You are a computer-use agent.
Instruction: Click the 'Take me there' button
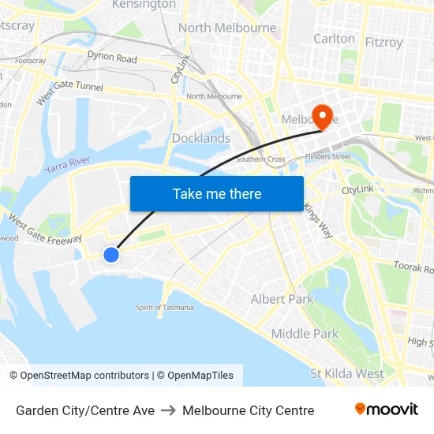coord(217,193)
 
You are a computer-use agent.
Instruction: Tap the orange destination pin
coord(322,117)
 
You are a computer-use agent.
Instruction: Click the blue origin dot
coord(111,254)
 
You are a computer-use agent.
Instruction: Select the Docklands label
coord(201,138)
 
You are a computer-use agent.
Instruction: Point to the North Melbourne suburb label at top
coord(227,28)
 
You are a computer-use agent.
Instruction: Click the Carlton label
coord(334,38)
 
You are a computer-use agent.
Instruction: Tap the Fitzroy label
coord(384,42)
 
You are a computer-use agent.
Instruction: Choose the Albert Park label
coord(282,299)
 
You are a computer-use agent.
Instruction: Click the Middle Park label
coord(305,334)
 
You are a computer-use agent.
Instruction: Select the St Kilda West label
coord(347,373)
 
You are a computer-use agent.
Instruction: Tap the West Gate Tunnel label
coord(69,88)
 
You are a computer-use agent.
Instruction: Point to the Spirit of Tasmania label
coord(165,308)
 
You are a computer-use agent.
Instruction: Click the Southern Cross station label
coord(260,159)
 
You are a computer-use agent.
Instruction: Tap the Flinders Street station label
coord(329,156)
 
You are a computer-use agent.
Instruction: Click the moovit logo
coord(386,410)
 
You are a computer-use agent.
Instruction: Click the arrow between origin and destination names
coord(168,410)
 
